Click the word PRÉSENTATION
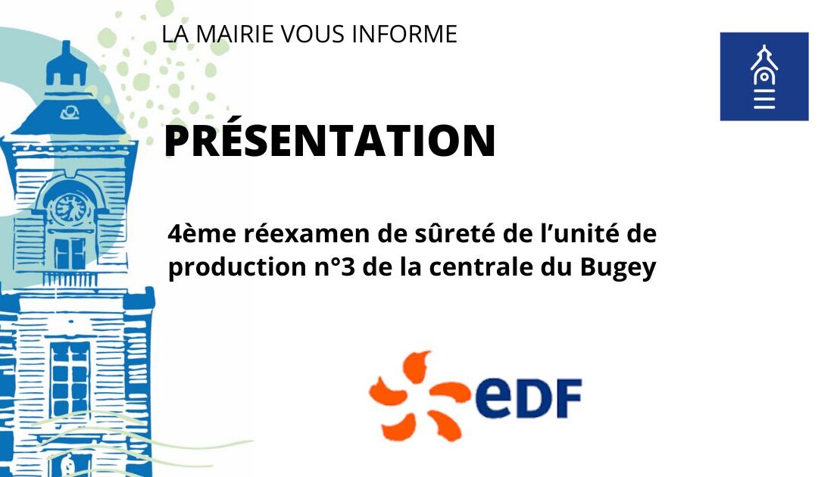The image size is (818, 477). [329, 141]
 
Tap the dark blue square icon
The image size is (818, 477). [763, 76]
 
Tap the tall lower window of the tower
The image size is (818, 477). [70, 379]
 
